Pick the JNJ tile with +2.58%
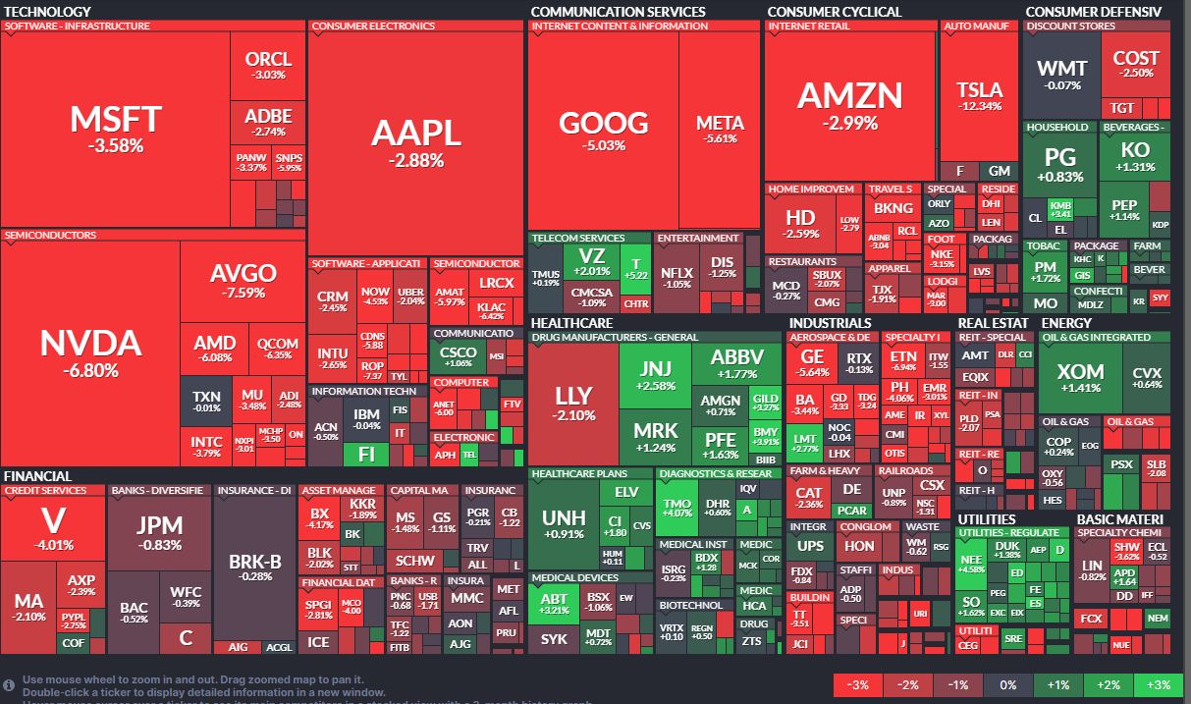[654, 376]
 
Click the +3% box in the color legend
[1158, 684]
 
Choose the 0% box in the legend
[1007, 684]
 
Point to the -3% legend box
[857, 684]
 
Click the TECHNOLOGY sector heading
[47, 12]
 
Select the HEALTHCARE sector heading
[571, 323]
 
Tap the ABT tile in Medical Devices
[554, 604]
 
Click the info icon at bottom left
[9, 684]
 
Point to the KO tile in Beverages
[1135, 156]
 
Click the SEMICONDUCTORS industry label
[50, 236]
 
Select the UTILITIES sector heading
[987, 519]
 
